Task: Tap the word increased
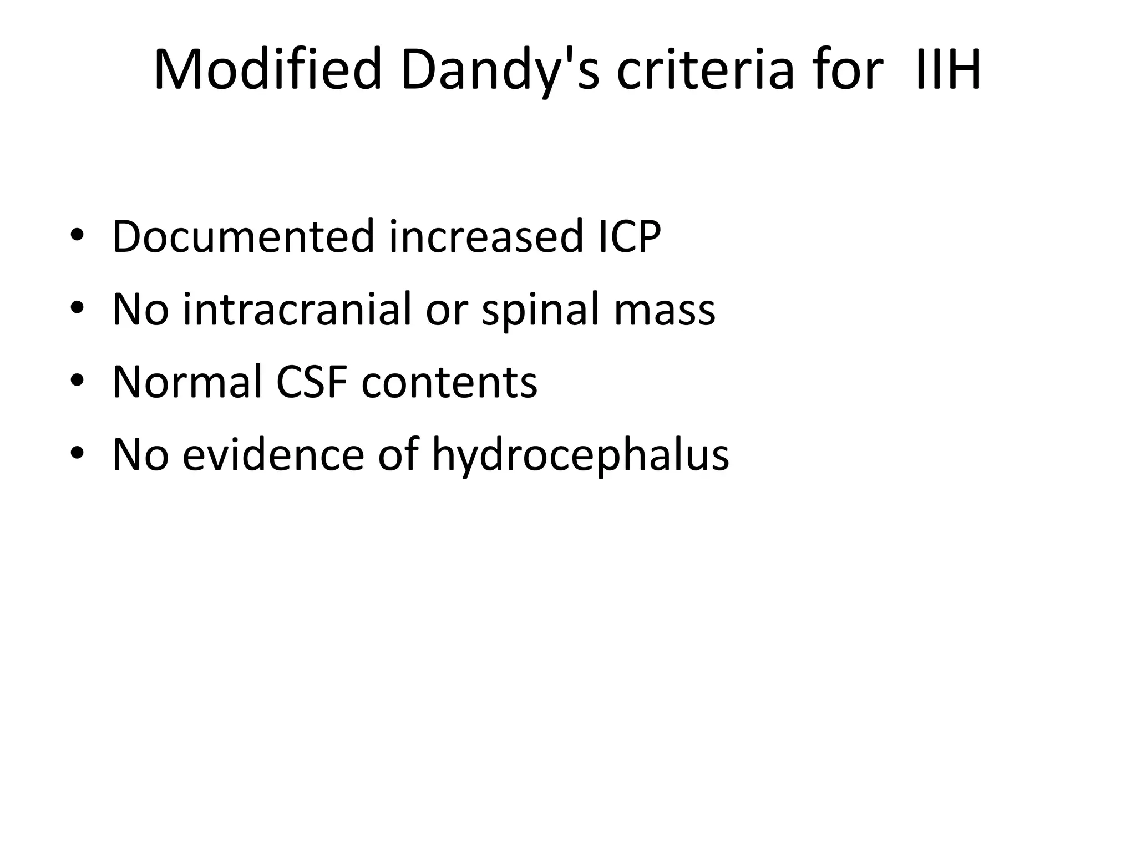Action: [486, 237]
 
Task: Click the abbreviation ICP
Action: [629, 237]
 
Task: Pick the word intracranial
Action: [298, 309]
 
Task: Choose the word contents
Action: [449, 383]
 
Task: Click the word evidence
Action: [273, 455]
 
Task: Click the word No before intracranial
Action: [140, 309]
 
